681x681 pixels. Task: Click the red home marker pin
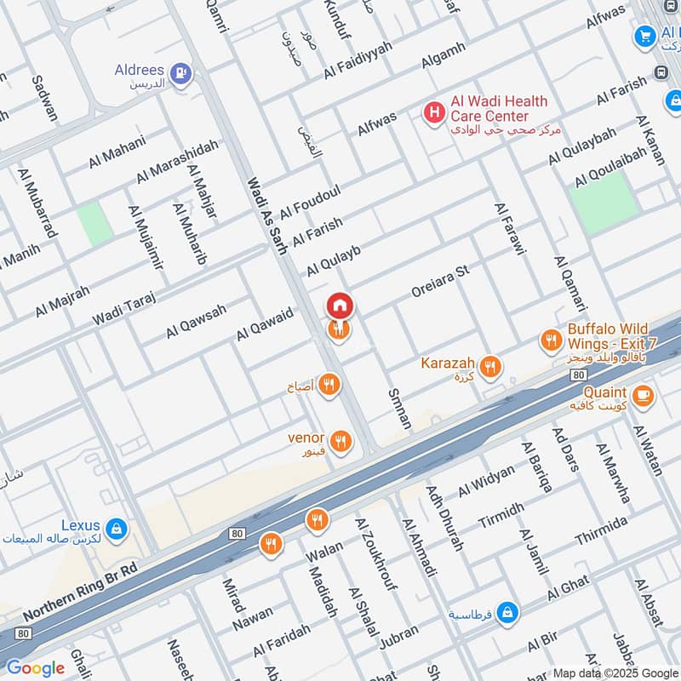tap(339, 305)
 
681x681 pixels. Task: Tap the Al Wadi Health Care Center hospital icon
tap(434, 111)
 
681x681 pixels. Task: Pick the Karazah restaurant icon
tap(489, 368)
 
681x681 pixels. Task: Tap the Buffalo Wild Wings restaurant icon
tap(551, 341)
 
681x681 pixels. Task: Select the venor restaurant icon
tap(340, 441)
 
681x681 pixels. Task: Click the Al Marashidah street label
tap(178, 161)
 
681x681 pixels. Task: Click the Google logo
tap(35, 667)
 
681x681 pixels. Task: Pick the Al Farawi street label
tap(511, 228)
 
